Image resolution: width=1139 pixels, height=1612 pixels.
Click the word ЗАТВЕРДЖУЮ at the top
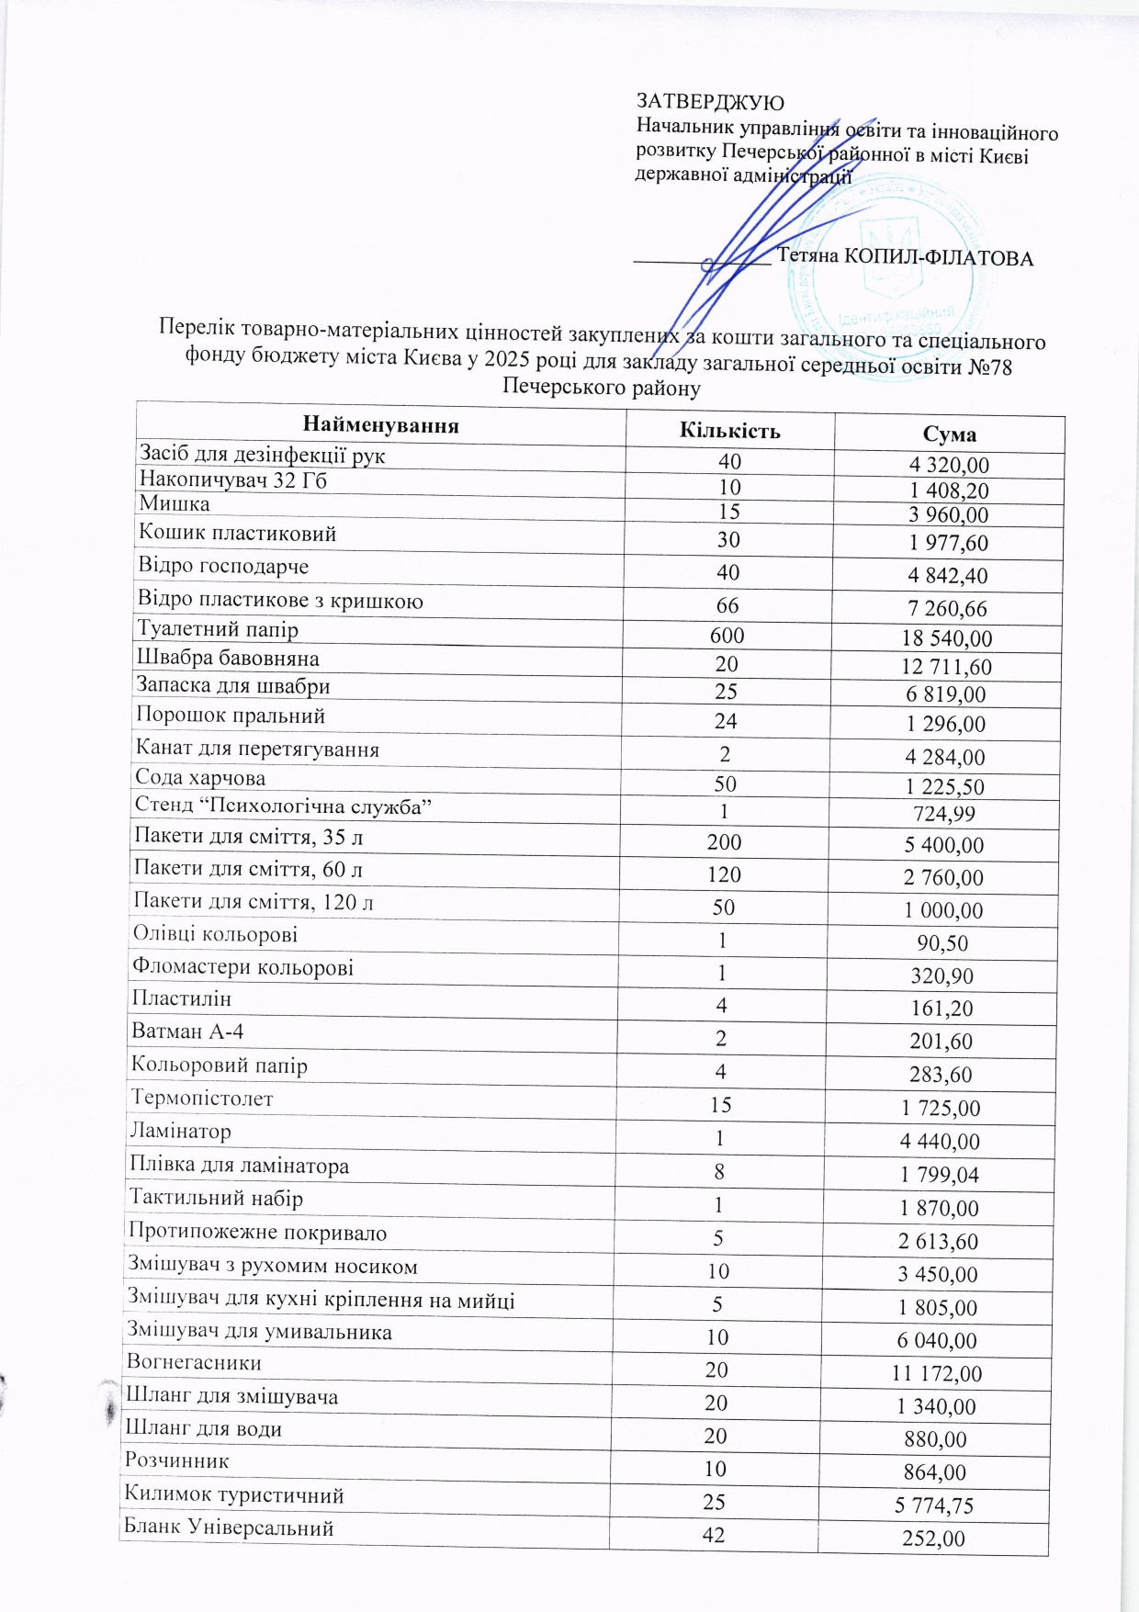(x=710, y=102)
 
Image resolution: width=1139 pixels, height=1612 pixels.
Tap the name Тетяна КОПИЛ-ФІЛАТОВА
(x=905, y=257)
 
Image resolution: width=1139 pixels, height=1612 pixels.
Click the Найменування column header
(x=380, y=425)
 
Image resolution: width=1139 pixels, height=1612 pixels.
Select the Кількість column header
(x=729, y=431)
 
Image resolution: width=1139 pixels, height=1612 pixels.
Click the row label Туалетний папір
(x=218, y=629)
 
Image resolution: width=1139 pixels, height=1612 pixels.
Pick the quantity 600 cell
(x=727, y=636)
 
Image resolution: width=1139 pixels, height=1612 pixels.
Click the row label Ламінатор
(x=181, y=1132)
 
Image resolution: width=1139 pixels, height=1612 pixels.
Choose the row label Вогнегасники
(x=194, y=1363)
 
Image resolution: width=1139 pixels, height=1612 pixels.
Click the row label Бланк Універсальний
(x=229, y=1528)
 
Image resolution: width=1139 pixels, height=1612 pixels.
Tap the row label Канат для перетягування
(x=257, y=749)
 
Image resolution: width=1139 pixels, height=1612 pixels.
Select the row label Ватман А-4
(x=187, y=1031)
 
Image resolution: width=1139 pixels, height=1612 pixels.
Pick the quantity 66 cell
(x=727, y=605)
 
